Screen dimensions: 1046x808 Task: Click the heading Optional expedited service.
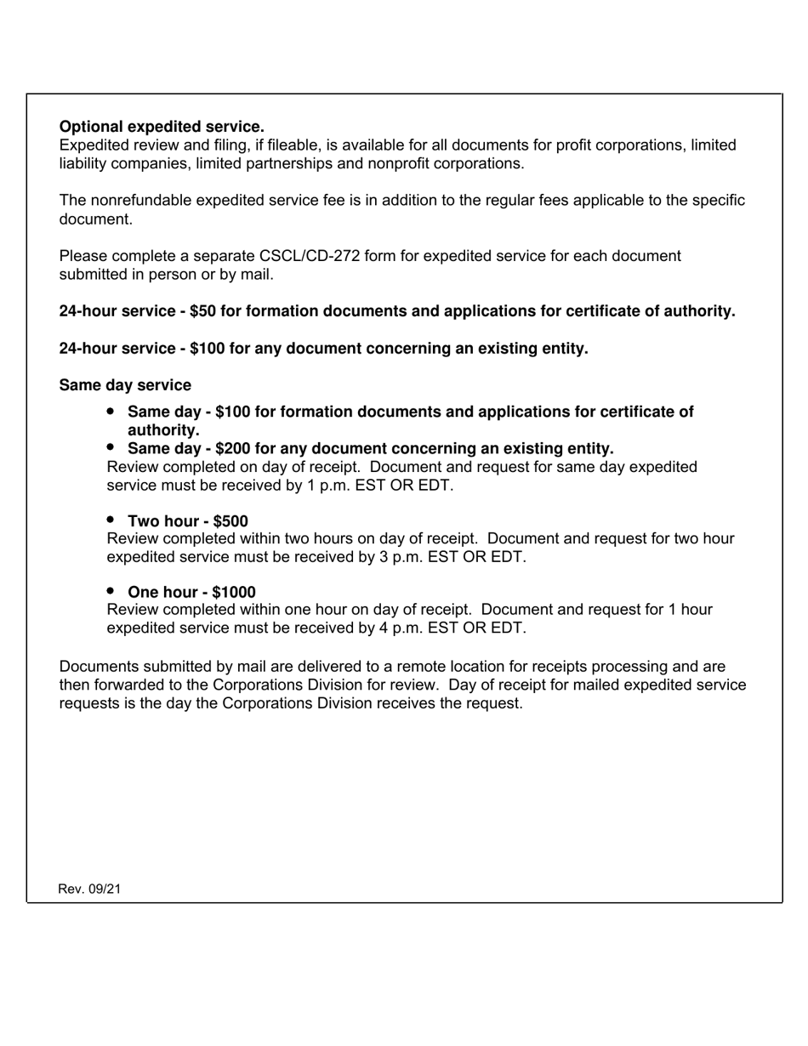[162, 127]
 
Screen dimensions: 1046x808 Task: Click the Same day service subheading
[125, 385]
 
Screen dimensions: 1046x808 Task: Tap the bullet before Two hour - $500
[111, 520]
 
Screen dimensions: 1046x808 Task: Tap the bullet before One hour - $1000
[111, 591]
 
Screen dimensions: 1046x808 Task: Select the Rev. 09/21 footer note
[89, 889]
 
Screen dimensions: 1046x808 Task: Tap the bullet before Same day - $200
[111, 447]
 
